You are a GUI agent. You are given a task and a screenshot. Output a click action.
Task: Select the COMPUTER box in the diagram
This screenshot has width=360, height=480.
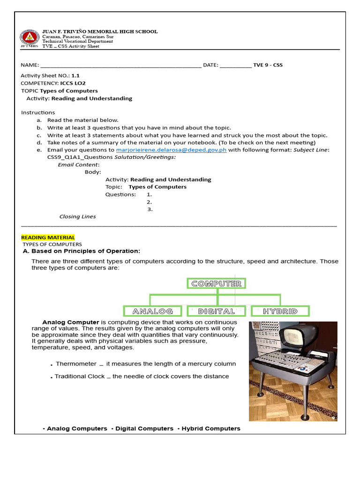[x=217, y=284]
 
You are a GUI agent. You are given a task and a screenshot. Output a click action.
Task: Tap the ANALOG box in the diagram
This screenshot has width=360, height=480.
[x=153, y=311]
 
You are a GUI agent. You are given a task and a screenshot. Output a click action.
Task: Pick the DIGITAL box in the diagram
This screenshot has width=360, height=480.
[x=217, y=311]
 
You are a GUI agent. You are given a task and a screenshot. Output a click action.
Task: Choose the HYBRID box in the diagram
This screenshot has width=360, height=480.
[x=280, y=311]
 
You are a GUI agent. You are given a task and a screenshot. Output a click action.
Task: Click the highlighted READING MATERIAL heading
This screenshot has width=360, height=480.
[x=48, y=238]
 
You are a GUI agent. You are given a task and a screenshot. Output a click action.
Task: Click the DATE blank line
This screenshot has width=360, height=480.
[x=235, y=66]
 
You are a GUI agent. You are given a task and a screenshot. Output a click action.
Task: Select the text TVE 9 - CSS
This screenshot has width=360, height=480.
[x=268, y=65]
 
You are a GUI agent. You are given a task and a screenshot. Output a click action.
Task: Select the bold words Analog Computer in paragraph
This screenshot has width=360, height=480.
[x=71, y=322]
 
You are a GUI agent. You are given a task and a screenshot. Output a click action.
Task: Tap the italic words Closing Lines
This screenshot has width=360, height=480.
[x=77, y=217]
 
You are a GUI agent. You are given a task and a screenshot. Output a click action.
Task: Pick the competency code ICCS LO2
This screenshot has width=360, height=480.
[x=73, y=83]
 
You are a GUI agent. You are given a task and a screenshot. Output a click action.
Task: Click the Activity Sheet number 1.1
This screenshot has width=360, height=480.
[x=75, y=75]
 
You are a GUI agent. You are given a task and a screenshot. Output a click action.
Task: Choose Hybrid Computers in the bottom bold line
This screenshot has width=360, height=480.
[x=210, y=428]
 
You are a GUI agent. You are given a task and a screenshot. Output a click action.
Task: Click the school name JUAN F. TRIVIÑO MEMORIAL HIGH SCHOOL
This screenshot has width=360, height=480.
[x=100, y=32]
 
